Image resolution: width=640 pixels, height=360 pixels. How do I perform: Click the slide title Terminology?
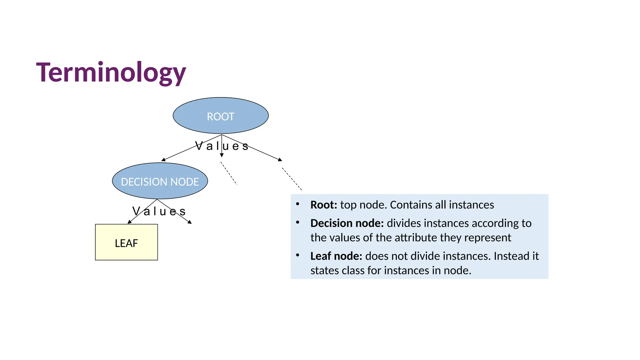point(111,72)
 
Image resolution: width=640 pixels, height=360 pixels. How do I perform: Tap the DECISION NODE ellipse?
point(160,181)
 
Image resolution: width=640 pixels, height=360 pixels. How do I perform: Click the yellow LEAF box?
point(126,242)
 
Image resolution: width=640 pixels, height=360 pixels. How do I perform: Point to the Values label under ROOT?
point(222,146)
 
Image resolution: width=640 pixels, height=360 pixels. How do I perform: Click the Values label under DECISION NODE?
point(159,211)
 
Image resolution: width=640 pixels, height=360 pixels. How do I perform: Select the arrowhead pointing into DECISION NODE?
point(163,160)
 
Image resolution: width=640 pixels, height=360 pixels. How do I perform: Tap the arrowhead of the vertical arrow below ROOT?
point(222,155)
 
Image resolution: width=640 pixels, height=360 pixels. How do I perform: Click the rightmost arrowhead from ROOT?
point(280,160)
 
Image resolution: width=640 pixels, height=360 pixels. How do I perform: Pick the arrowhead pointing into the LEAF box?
point(130,222)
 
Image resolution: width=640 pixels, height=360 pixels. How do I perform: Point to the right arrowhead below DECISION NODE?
point(189,222)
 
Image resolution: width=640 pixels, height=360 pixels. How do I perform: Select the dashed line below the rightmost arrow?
point(292,179)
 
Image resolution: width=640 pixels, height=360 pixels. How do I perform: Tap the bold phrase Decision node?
point(347,223)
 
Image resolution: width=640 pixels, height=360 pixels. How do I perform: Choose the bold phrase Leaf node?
point(336,256)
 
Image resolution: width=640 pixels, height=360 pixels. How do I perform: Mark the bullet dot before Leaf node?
point(298,255)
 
